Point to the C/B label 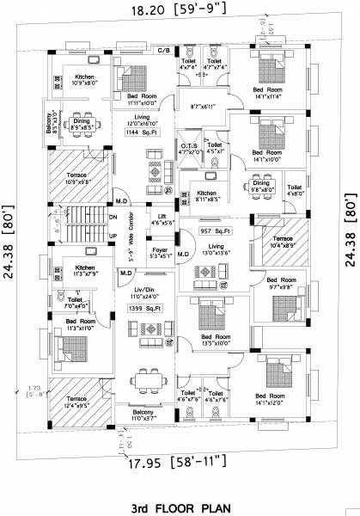point(162,52)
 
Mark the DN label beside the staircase point(113,218)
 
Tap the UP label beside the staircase point(113,234)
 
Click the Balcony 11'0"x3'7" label point(143,415)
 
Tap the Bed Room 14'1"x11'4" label point(267,93)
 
